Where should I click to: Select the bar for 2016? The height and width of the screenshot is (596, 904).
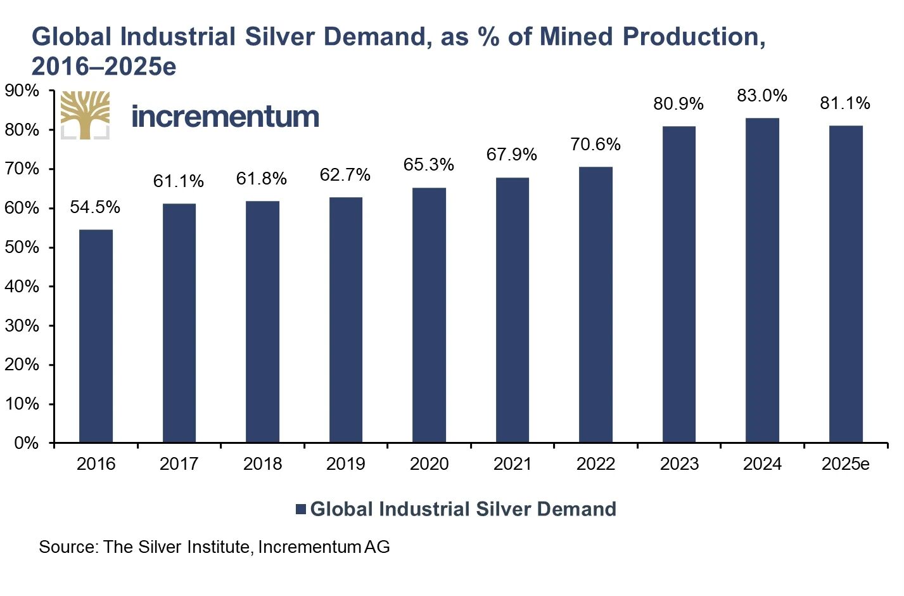pos(96,336)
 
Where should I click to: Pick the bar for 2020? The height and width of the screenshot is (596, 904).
pos(429,315)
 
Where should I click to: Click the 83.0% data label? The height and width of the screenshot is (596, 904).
pos(762,96)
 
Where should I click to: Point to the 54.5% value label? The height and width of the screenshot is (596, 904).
pos(95,207)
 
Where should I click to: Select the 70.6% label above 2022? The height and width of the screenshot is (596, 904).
pos(595,145)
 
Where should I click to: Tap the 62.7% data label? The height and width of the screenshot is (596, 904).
pos(345,175)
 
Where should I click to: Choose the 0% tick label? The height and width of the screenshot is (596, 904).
pos(26,443)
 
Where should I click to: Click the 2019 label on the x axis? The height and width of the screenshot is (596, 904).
pos(345,464)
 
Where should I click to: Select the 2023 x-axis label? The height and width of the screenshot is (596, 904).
pos(679,464)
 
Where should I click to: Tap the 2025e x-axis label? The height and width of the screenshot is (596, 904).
pos(846,464)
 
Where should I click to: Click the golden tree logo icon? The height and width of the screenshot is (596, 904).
pos(85,115)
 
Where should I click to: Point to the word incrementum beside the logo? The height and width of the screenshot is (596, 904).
pos(225,117)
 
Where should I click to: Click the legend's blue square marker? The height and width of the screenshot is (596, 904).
pos(301,509)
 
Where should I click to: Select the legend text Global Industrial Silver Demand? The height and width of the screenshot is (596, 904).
pos(463,509)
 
